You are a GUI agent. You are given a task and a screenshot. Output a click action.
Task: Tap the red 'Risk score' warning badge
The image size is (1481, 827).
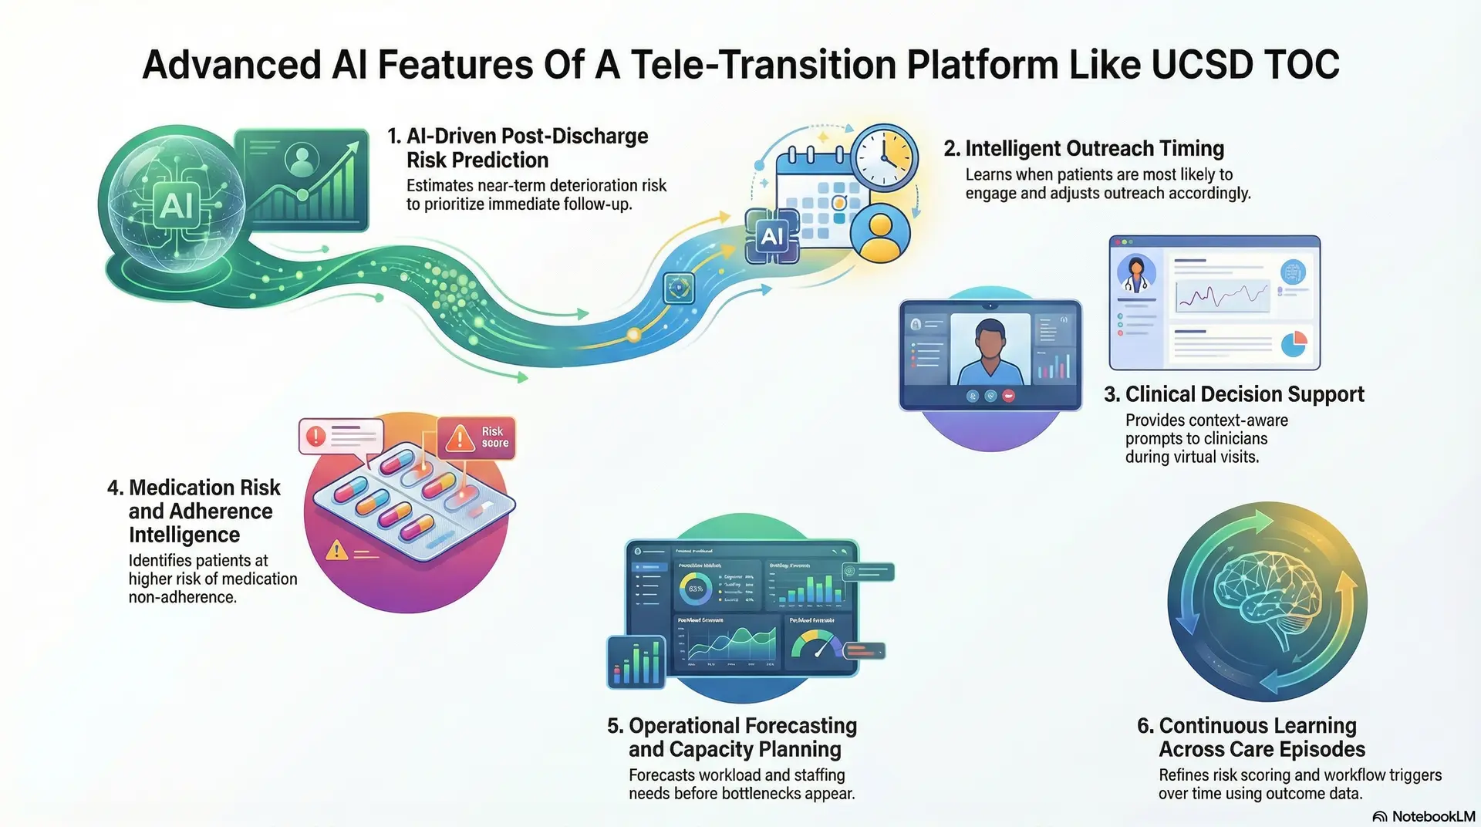477,437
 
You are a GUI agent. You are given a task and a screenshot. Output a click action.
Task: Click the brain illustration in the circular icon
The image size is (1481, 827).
1267,602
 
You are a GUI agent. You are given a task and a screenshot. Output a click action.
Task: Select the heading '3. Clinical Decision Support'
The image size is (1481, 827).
1234,394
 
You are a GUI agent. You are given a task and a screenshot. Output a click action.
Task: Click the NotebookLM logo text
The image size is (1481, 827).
1432,816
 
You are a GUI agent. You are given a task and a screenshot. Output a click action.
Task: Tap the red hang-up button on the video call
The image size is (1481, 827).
1008,396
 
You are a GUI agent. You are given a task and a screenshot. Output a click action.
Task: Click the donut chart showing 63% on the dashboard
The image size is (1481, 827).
695,589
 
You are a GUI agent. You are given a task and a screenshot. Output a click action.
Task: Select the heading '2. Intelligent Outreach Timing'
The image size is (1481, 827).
1084,148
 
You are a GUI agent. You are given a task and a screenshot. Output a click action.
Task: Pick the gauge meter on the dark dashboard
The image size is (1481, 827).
818,645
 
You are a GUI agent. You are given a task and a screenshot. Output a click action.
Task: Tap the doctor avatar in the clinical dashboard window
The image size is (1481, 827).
1136,274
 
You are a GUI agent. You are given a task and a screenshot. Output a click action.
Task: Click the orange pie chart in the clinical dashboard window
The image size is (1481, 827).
1294,343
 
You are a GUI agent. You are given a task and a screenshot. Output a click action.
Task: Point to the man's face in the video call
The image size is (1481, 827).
990,340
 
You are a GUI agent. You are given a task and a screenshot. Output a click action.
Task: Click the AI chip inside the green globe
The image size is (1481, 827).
177,206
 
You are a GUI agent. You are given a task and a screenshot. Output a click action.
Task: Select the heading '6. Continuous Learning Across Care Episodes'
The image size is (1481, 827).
1250,738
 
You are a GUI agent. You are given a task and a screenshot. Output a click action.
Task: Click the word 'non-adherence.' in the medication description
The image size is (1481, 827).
182,597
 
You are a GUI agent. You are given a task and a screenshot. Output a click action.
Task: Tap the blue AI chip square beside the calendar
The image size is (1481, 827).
772,236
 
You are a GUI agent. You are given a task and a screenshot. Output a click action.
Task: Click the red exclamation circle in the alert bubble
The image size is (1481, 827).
315,436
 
